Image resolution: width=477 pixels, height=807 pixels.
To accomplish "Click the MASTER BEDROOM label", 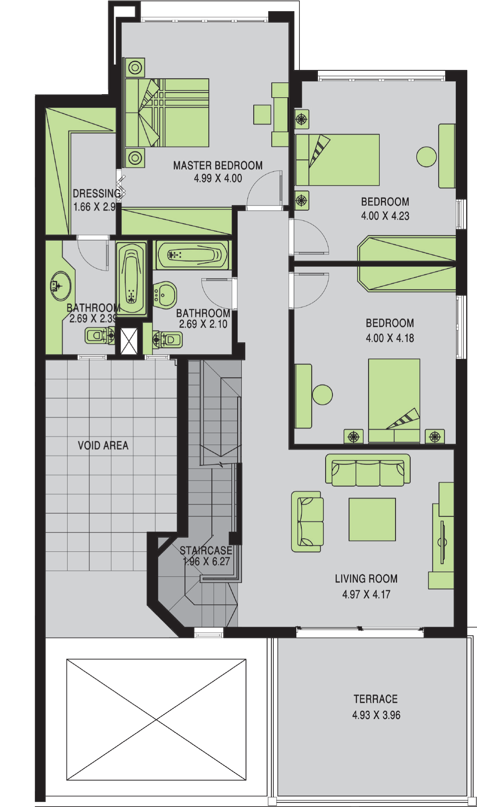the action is pyautogui.click(x=218, y=166).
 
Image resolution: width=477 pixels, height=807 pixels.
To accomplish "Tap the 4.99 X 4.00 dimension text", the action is pyautogui.click(x=218, y=178).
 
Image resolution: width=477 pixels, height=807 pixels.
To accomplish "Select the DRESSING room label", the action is pyautogui.click(x=96, y=193).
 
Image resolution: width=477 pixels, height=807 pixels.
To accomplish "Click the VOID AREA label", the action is pyautogui.click(x=103, y=446).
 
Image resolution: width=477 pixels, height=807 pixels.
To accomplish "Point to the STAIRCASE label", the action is pyautogui.click(x=206, y=550).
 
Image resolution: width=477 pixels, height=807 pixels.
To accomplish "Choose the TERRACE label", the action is pyautogui.click(x=376, y=699).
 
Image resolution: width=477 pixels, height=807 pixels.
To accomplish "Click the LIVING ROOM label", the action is pyautogui.click(x=366, y=579).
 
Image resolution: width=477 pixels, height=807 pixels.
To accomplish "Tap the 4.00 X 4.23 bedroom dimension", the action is pyautogui.click(x=385, y=216).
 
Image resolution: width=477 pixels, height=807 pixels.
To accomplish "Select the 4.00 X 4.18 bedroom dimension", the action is pyautogui.click(x=390, y=338).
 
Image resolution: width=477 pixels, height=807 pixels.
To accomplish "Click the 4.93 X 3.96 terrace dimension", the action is pyautogui.click(x=376, y=715).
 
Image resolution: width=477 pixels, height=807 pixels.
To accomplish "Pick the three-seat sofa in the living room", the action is pyautogui.click(x=368, y=470).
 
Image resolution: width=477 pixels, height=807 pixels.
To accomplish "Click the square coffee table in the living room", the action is pyautogui.click(x=372, y=519).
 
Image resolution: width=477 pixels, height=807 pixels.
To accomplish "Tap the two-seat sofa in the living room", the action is pyautogui.click(x=307, y=521).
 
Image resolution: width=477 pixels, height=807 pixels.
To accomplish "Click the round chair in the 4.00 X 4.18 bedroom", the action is pyautogui.click(x=322, y=394).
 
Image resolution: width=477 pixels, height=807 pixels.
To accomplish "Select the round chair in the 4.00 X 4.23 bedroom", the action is pyautogui.click(x=427, y=157).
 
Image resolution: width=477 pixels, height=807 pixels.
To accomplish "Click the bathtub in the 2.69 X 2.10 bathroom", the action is pyautogui.click(x=193, y=255).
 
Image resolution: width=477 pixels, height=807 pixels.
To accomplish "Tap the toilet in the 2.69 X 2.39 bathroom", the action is pyautogui.click(x=100, y=335).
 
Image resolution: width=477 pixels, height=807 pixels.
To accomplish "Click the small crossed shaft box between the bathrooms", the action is pyautogui.click(x=129, y=341).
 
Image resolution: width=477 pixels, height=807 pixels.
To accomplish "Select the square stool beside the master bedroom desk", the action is pyautogui.click(x=262, y=115).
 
